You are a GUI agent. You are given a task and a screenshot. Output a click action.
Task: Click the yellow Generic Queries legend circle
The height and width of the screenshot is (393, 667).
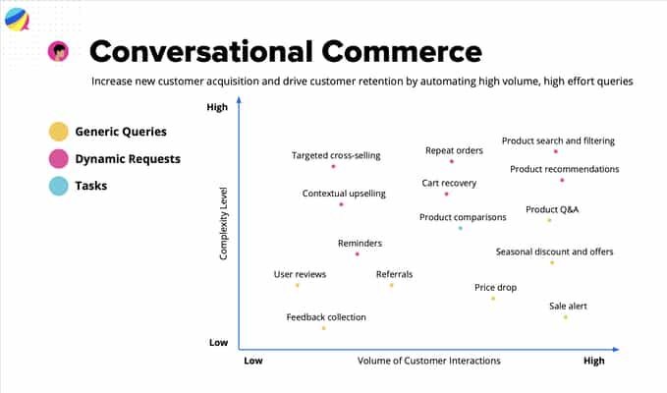[59, 132]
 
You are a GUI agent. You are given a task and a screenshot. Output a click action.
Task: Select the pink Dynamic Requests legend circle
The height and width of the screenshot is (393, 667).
[59, 158]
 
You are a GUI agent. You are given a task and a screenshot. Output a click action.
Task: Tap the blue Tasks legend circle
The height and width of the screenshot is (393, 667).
[59, 186]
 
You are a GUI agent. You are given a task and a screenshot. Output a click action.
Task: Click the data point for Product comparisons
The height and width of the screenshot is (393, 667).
[460, 228]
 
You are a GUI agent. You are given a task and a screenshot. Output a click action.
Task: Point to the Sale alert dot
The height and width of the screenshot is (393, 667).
[566, 317]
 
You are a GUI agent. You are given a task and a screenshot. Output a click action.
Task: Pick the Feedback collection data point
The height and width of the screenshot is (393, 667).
[323, 327]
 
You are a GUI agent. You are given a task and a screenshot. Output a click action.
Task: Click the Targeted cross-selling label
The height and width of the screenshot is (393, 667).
[336, 155]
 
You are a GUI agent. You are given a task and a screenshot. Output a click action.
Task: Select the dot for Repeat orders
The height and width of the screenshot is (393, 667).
[452, 161]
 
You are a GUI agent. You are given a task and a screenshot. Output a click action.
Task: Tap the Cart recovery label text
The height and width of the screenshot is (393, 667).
[449, 183]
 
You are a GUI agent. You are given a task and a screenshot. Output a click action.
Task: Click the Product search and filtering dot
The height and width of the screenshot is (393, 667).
[556, 151]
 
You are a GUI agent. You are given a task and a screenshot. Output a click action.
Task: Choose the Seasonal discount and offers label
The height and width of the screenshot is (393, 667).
[554, 252]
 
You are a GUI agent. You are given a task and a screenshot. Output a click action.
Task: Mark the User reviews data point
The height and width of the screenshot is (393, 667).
[298, 285]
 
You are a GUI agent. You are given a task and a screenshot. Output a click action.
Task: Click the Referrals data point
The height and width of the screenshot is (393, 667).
[391, 285]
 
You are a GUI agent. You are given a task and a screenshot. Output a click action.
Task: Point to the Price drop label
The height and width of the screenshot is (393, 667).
[495, 288]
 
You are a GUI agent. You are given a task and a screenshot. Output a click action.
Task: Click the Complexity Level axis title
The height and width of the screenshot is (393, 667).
[224, 227]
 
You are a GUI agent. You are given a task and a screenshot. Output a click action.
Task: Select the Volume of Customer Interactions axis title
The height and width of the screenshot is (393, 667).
[428, 362]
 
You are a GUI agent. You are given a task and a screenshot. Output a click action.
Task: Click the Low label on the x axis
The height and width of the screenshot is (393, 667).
[252, 362]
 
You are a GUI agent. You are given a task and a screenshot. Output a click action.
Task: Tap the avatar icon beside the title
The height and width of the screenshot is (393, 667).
[59, 51]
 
